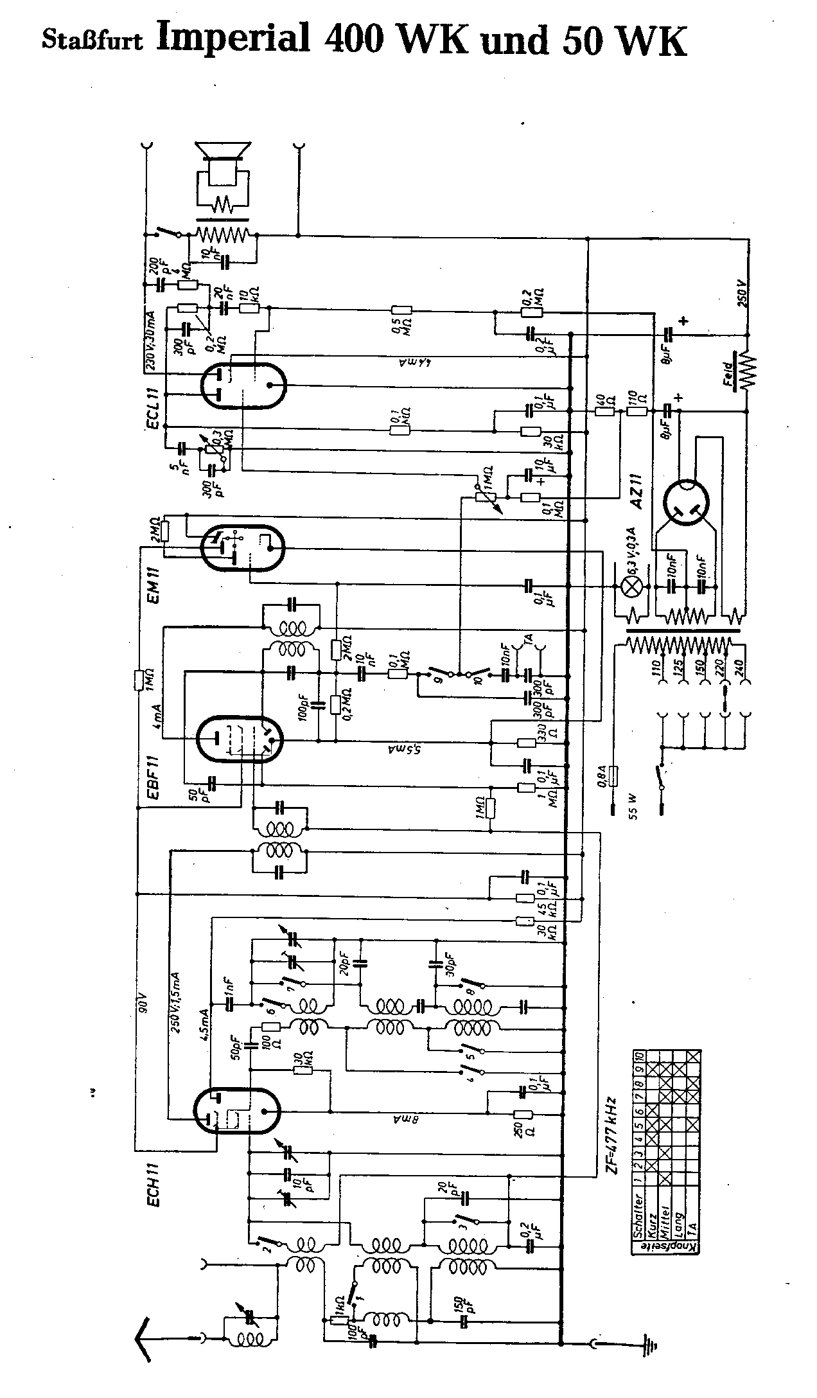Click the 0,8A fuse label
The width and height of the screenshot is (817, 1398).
coord(602,777)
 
